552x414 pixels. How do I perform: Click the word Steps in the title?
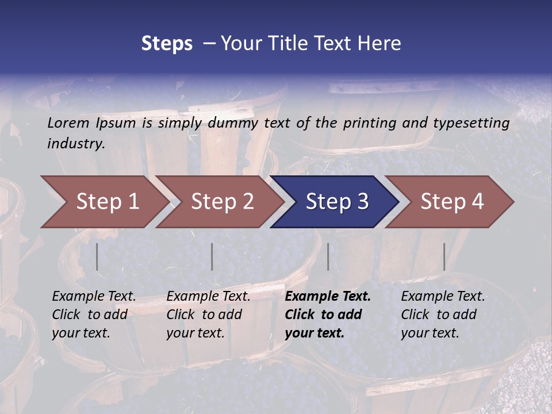pos(167,44)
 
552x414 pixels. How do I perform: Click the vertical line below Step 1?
pos(97,256)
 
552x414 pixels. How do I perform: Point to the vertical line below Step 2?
pos(212,256)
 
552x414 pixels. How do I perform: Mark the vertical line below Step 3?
pos(328,256)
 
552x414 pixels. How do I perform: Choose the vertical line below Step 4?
pos(444,256)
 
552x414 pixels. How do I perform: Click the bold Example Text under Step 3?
pos(328,297)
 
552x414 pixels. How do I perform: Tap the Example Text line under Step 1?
pos(94,297)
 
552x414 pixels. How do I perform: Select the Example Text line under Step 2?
pos(208,297)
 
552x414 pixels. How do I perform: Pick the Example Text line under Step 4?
pos(443,297)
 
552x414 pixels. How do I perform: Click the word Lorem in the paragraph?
pos(68,123)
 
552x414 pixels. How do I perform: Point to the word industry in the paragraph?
pos(76,143)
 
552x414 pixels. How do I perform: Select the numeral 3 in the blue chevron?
pos(362,202)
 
